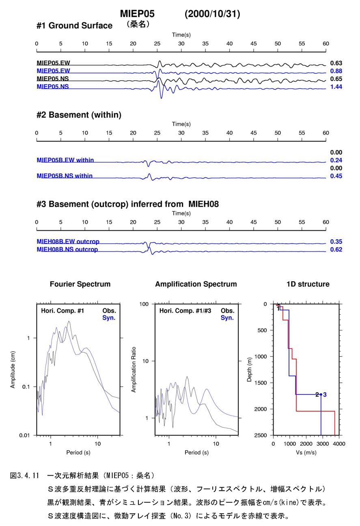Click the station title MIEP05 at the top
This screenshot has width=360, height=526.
pos(137,14)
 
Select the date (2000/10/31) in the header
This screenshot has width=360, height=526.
pos(212,14)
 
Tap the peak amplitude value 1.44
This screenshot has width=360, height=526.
pos(336,87)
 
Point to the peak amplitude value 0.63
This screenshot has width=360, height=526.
pos(336,63)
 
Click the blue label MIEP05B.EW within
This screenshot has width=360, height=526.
pos(65,160)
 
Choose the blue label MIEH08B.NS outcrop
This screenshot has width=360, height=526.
pos(67,249)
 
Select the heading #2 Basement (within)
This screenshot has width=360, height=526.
pos(79,115)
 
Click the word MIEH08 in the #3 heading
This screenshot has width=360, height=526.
pos(203,204)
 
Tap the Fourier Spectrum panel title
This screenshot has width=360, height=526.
pos(80,284)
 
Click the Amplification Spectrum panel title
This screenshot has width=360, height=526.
pos(196,284)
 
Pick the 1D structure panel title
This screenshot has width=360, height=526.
pos(308,284)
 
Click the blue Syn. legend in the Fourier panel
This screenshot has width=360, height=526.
pos(109,318)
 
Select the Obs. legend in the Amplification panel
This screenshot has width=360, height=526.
pos(227,311)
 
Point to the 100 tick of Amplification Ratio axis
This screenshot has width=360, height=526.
pos(144,304)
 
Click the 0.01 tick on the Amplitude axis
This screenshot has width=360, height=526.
pos(25,435)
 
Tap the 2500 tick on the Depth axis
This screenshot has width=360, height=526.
pos(261,435)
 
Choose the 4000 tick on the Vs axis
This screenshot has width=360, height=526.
pos(339,444)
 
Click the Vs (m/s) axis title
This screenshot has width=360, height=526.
pos(306,452)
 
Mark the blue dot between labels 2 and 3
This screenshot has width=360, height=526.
pos(321,395)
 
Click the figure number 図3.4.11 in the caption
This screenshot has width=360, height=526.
pos(24,476)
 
